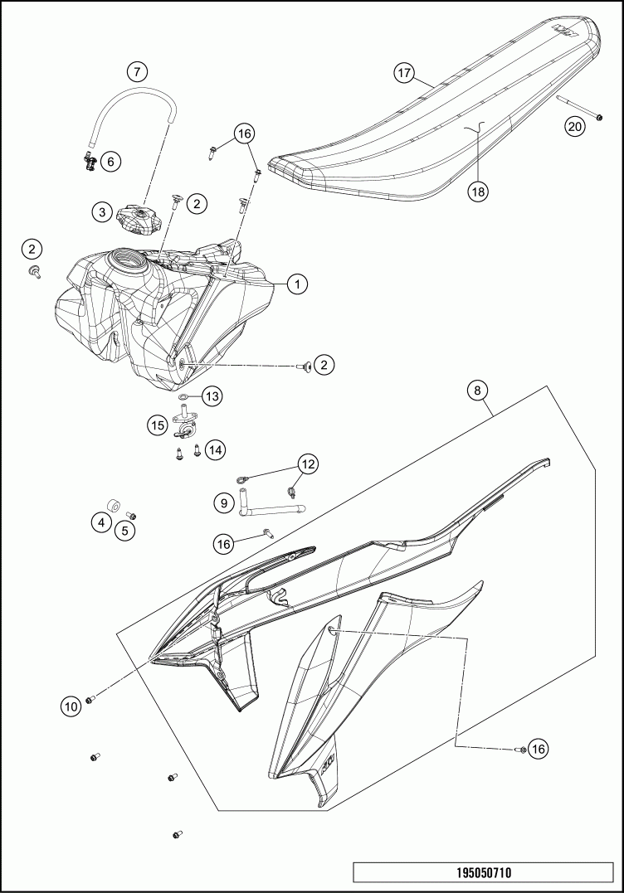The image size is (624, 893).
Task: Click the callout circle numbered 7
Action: pos(138,72)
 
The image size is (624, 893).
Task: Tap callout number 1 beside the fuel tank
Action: pos(297,284)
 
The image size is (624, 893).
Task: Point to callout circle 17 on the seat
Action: pos(403,73)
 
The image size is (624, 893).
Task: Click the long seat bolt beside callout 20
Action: pos(579,108)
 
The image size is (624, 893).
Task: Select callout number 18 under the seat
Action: pos(478,192)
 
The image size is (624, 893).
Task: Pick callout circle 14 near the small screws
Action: pos(215,450)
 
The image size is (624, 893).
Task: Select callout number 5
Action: pos(124,531)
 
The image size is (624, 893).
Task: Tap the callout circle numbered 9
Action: pos(224,502)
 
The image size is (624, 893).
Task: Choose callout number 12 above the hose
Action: pos(308,464)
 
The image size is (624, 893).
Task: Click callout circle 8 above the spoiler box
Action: pos(478,391)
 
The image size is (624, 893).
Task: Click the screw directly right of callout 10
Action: pos(90,699)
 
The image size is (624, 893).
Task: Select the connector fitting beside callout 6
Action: pos(90,162)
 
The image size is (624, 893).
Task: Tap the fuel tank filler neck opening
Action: pos(129,260)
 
